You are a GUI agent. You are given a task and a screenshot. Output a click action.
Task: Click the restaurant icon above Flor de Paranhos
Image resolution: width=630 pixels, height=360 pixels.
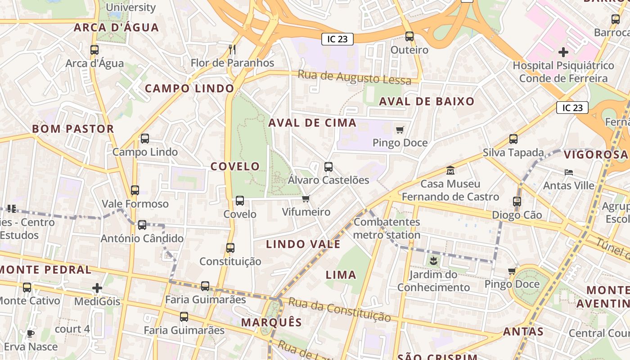[x=232, y=49]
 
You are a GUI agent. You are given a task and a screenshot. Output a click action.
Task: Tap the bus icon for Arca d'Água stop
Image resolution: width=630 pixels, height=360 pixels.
[x=94, y=50]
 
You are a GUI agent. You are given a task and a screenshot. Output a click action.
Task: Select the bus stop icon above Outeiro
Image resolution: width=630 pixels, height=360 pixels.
[x=409, y=36]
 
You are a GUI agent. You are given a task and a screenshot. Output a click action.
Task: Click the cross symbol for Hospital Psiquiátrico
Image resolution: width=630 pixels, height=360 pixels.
[x=563, y=52]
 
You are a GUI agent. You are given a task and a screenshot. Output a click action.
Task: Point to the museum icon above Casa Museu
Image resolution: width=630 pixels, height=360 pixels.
[x=450, y=171]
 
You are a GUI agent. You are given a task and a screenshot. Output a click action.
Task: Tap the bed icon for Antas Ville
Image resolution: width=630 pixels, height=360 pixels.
[x=569, y=172]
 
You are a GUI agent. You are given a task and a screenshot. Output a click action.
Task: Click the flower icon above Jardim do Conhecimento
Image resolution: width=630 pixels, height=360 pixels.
[x=433, y=261]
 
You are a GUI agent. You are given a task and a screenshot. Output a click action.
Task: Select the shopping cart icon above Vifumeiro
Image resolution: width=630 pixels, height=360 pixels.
[x=306, y=198]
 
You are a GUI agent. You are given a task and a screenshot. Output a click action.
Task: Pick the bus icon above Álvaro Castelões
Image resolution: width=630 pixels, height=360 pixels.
[x=328, y=167]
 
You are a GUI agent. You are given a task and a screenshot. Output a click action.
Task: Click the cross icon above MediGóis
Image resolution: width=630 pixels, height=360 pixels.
[x=97, y=288]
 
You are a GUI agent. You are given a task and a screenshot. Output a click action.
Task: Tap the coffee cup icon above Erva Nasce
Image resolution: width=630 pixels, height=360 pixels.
[x=30, y=333]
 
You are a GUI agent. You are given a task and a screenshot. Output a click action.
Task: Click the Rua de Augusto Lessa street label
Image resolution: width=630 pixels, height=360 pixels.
[x=355, y=77]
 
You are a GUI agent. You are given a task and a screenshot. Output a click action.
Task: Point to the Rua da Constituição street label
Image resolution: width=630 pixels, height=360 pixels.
[x=339, y=309]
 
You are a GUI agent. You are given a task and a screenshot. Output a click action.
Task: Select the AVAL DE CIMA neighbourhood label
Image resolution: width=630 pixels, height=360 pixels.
[x=312, y=123]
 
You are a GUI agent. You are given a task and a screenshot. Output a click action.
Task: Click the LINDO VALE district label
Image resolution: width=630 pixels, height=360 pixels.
[x=303, y=244]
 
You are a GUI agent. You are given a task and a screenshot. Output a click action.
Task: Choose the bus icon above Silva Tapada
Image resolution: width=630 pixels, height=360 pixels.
[x=513, y=139]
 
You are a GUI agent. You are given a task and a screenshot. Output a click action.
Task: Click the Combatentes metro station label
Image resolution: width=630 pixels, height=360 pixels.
[x=387, y=228]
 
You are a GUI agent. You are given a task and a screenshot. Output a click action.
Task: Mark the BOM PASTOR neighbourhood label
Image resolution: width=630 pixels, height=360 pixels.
[x=73, y=129]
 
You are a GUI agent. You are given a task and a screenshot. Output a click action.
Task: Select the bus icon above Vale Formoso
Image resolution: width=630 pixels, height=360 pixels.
[x=135, y=190]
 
